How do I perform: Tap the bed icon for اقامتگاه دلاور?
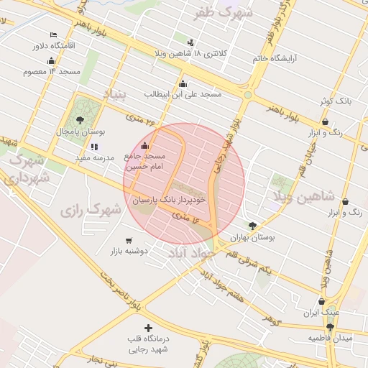coord(54,35)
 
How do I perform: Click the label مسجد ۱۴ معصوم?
coord(52,71)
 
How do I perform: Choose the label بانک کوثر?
coord(336,102)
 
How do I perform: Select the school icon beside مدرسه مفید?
coord(93,146)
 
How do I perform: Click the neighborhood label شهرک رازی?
coord(90,211)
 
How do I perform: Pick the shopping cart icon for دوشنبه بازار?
coord(129,240)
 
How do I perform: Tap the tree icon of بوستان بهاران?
coord(252,226)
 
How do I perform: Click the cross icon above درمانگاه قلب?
coord(149,328)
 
